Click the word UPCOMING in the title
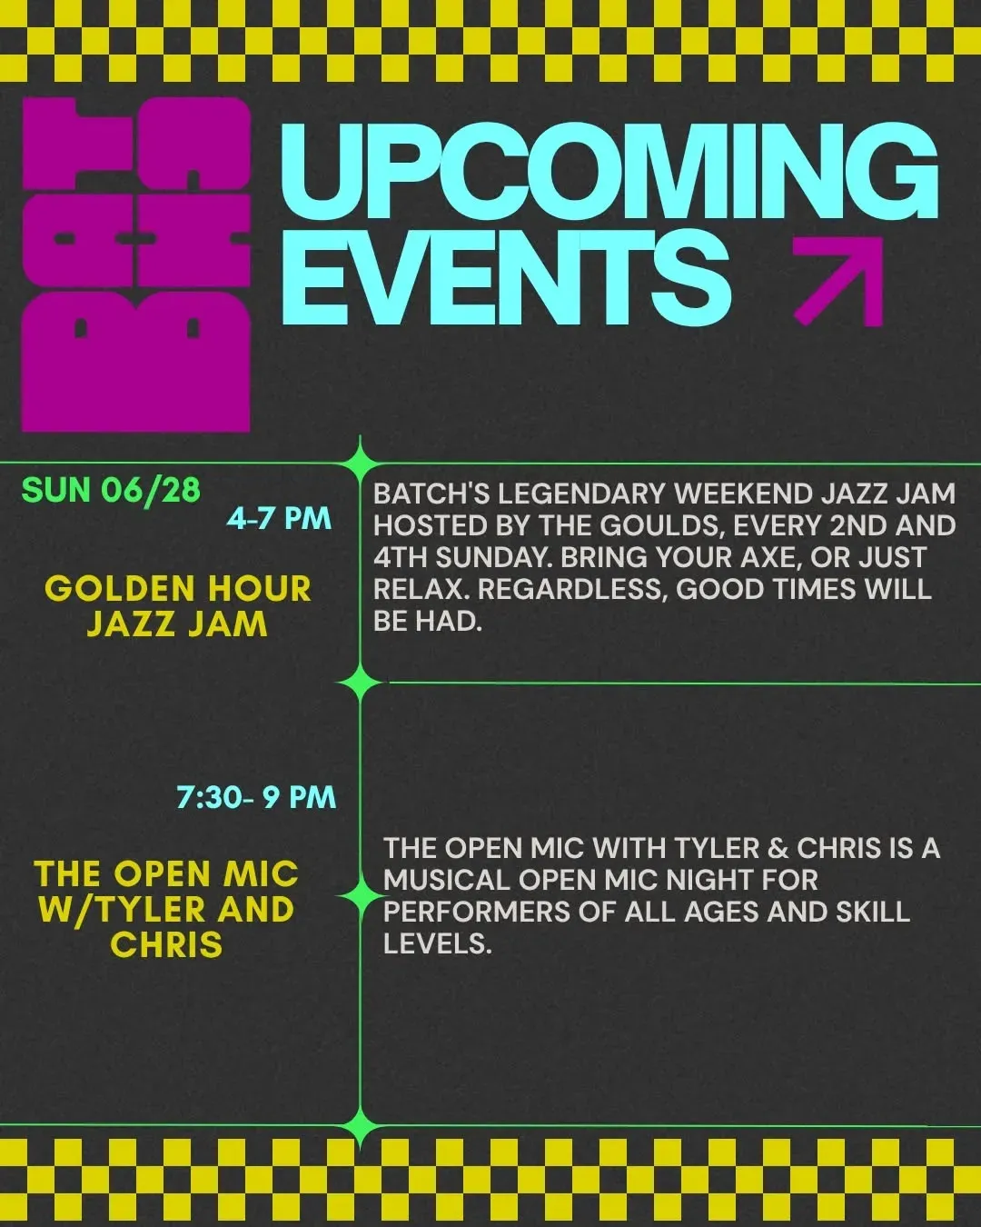coord(609,172)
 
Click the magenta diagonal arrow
coord(838,281)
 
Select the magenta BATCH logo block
coord(136,264)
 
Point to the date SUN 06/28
coord(111,490)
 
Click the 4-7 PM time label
coord(279,518)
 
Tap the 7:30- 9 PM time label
coord(256,796)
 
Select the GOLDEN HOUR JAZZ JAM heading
coord(178,605)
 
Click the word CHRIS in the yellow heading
coord(166,944)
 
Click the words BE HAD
coord(428,621)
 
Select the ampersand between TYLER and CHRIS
coord(778,848)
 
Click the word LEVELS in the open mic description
coord(437,943)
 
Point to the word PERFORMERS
coord(477,912)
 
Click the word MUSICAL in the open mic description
coord(446,880)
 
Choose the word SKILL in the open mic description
coord(873,912)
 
